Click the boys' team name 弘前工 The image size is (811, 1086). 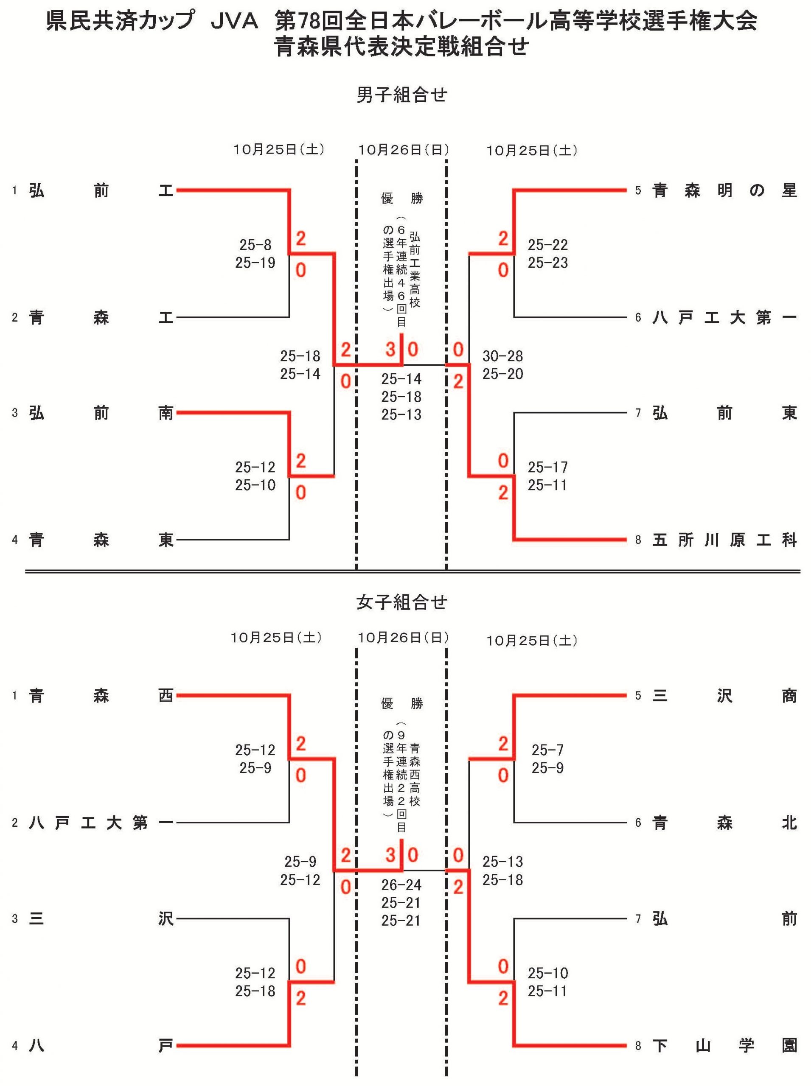101,190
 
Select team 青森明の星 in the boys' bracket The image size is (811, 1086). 724,190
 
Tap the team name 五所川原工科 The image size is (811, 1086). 724,540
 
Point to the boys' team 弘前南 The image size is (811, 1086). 101,413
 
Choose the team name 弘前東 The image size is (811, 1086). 724,413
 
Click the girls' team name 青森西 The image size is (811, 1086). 101,695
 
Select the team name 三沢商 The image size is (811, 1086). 724,695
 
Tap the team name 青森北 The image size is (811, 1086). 724,823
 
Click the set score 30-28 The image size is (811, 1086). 502,356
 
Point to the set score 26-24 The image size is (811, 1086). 401,885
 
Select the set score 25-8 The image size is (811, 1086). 255,244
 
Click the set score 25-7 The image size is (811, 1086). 547,750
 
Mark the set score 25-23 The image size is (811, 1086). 547,263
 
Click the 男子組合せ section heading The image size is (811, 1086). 401,95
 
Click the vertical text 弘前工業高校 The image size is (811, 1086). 414,269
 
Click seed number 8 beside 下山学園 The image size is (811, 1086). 638,1046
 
